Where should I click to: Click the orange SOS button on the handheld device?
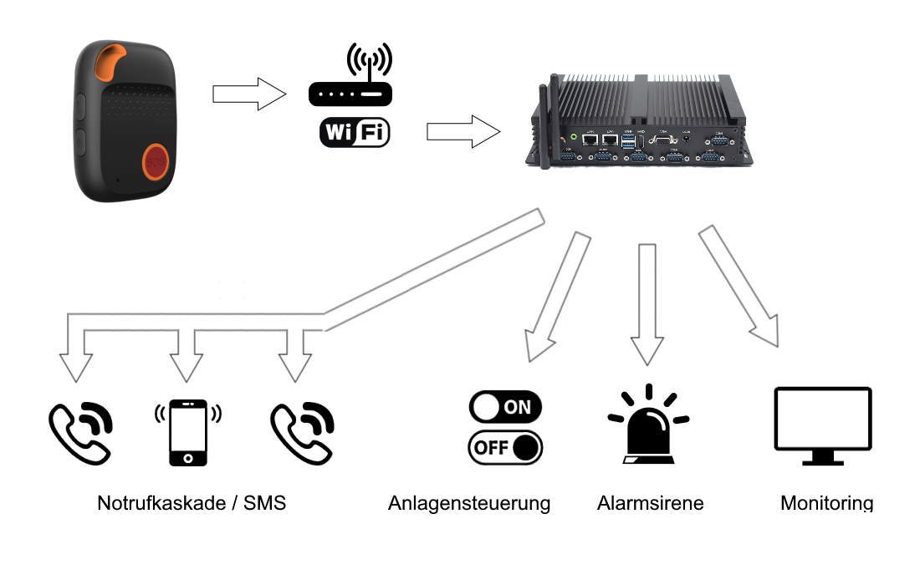coord(156,163)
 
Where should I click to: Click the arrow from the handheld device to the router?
coord(248,94)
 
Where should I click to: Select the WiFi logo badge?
coord(355,133)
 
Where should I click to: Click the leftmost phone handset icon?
coord(80,431)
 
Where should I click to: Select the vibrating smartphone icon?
coord(188,431)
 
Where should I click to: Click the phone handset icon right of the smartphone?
coord(303,431)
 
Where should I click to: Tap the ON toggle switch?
coord(505,407)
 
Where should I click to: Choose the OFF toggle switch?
coord(505,447)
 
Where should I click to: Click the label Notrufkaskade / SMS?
coord(192,503)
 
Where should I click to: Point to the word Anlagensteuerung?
coord(469,503)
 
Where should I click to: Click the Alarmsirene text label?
coord(650,503)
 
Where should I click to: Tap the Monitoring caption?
coord(826,503)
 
